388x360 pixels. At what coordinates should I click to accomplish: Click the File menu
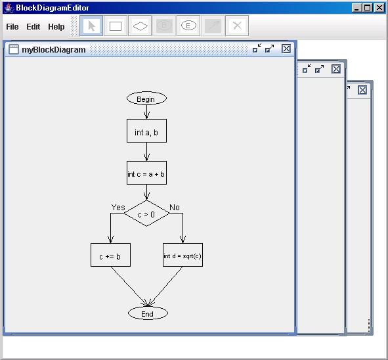point(12,27)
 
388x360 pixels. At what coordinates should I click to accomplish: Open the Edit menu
point(33,27)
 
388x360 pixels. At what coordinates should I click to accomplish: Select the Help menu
point(56,27)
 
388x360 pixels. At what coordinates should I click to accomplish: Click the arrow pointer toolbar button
point(91,26)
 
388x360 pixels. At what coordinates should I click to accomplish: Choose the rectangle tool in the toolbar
point(116,26)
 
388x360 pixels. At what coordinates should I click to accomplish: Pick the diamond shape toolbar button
point(140,26)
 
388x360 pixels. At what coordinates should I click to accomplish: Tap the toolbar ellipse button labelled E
point(188,26)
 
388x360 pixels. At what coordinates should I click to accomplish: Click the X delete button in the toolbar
point(237,26)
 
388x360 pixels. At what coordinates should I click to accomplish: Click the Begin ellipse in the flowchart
point(147,99)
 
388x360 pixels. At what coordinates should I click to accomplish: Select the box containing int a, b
point(147,131)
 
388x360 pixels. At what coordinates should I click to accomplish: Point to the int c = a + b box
point(147,173)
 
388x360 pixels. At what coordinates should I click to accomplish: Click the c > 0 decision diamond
point(147,214)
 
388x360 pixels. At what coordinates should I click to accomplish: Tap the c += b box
point(110,255)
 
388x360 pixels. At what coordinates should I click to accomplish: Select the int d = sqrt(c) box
point(183,255)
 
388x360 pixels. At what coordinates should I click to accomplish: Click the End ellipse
point(148,313)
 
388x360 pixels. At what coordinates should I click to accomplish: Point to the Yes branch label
point(118,207)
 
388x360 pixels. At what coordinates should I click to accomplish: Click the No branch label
point(175,207)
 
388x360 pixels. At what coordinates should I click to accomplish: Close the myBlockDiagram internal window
point(286,49)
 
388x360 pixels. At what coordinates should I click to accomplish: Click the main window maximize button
point(368,8)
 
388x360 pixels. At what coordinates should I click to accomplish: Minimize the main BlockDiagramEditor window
point(356,8)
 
